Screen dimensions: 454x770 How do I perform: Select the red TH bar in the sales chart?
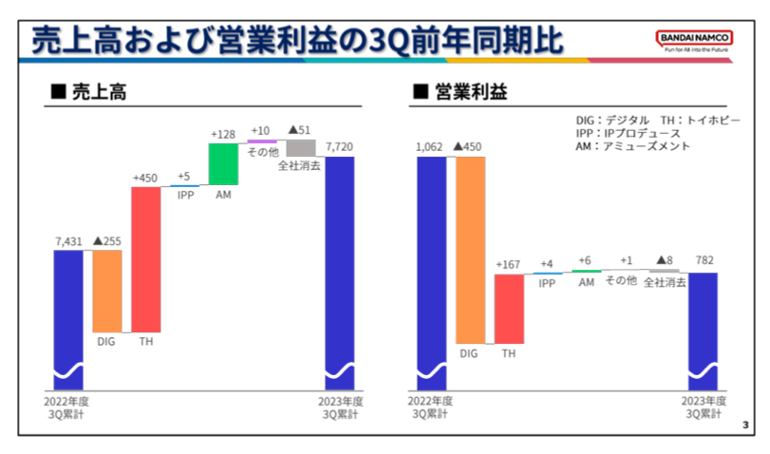[x=145, y=258]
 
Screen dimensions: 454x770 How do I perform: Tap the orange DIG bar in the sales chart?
[x=106, y=290]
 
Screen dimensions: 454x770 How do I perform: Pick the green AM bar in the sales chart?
[x=223, y=163]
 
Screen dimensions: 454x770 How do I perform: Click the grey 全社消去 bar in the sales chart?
[x=300, y=148]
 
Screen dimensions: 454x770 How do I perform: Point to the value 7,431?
[x=68, y=241]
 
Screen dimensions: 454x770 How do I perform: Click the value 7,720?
[x=339, y=147]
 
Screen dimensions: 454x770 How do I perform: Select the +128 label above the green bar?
[x=223, y=135]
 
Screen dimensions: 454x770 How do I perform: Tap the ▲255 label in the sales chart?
[x=106, y=241]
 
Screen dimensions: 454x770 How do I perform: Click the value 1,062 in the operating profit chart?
[x=431, y=147]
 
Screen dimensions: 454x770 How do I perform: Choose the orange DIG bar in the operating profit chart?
[x=469, y=249]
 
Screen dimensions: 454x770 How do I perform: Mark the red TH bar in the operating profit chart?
[x=509, y=309]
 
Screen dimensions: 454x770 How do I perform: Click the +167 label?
[x=508, y=265]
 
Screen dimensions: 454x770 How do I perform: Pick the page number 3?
[x=745, y=425]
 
